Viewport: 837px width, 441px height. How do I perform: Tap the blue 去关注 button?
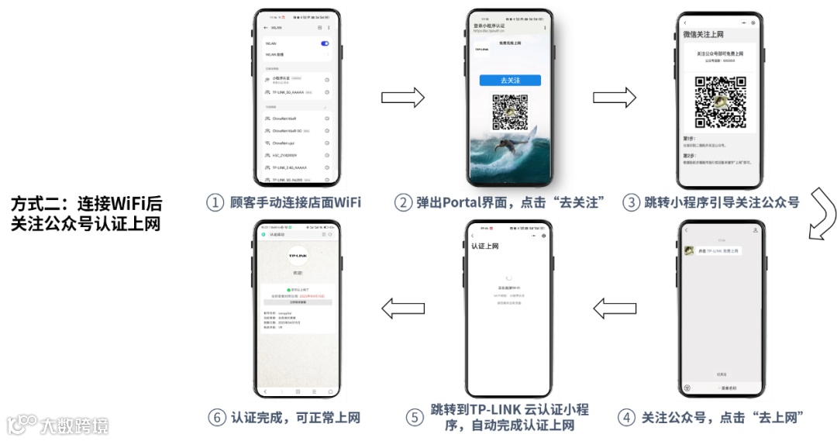coord(509,81)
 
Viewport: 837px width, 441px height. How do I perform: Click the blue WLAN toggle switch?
coord(325,43)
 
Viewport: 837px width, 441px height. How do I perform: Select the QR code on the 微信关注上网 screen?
coord(719,102)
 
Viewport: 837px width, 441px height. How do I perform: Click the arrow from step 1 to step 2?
coord(403,98)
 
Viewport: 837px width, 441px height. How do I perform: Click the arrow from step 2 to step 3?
coord(615,98)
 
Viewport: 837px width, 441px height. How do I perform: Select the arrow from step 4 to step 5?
coord(615,308)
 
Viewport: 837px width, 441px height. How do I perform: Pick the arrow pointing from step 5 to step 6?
coord(403,308)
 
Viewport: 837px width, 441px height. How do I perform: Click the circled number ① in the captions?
coord(215,203)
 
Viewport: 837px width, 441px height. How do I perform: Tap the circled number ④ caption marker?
coord(626,417)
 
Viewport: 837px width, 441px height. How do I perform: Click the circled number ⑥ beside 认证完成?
coord(217,417)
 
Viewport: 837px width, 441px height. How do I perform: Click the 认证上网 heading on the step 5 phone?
coord(485,246)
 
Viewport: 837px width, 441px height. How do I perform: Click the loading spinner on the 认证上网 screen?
coord(508,277)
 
